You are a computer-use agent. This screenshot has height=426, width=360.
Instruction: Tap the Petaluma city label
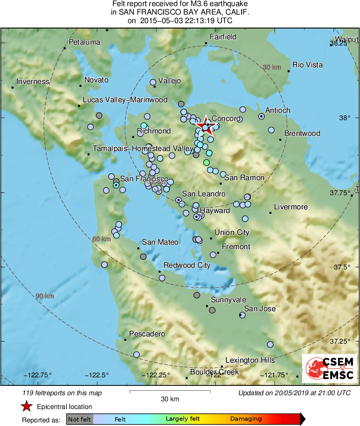click(x=84, y=42)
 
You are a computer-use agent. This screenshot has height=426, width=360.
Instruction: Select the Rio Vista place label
click(x=307, y=65)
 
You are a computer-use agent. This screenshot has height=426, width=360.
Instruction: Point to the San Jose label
click(x=259, y=309)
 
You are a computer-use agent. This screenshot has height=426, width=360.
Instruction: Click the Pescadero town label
click(x=147, y=334)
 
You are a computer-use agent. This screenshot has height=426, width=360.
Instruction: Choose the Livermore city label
click(x=291, y=207)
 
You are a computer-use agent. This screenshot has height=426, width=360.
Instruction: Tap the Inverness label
click(x=33, y=82)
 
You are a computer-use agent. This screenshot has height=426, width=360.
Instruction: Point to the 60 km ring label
click(x=101, y=239)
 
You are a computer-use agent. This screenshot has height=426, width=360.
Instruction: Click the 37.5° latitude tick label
click(x=340, y=267)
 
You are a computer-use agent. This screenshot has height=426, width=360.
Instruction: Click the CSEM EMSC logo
click(x=330, y=368)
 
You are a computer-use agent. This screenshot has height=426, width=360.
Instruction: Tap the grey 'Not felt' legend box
click(x=79, y=419)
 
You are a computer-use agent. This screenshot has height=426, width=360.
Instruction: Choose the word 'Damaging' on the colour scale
click(x=246, y=419)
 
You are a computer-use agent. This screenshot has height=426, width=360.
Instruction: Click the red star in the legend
click(x=26, y=406)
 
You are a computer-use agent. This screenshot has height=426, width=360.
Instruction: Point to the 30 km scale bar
click(x=169, y=392)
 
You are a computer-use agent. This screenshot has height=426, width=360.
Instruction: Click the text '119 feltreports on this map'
click(x=62, y=393)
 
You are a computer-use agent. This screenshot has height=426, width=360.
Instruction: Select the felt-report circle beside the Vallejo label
click(x=153, y=82)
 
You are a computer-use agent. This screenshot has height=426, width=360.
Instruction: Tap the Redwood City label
click(x=187, y=265)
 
